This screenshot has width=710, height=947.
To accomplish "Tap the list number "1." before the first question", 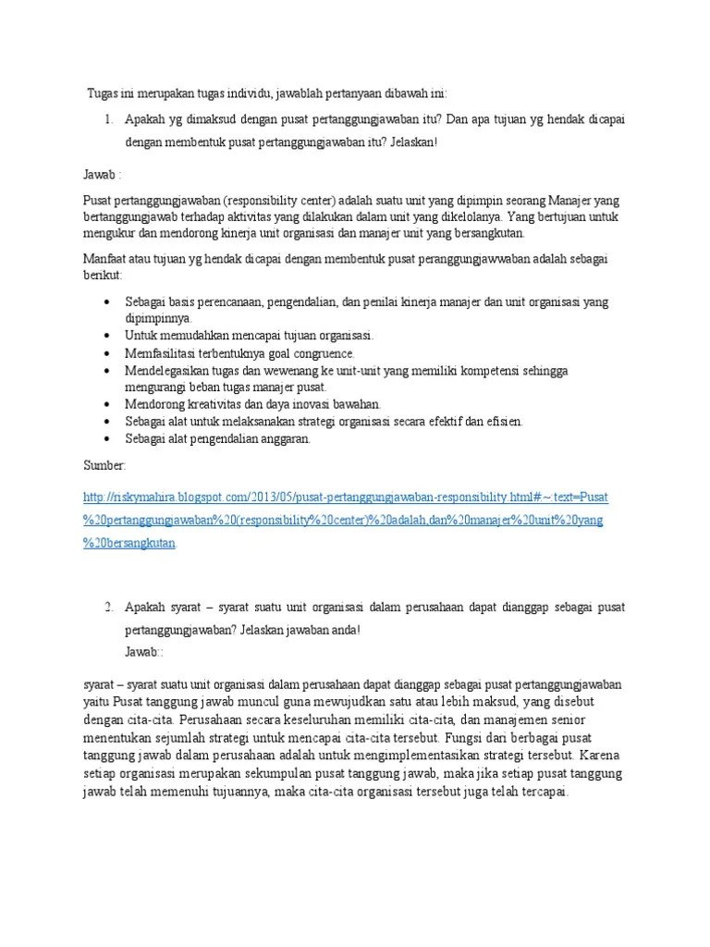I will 108,119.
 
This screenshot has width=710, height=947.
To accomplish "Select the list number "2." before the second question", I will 108,607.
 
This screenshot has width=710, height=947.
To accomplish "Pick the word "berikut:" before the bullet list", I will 103,276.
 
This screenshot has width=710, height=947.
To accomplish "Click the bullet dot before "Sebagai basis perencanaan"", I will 108,302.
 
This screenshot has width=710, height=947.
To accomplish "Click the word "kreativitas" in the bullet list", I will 213,404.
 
